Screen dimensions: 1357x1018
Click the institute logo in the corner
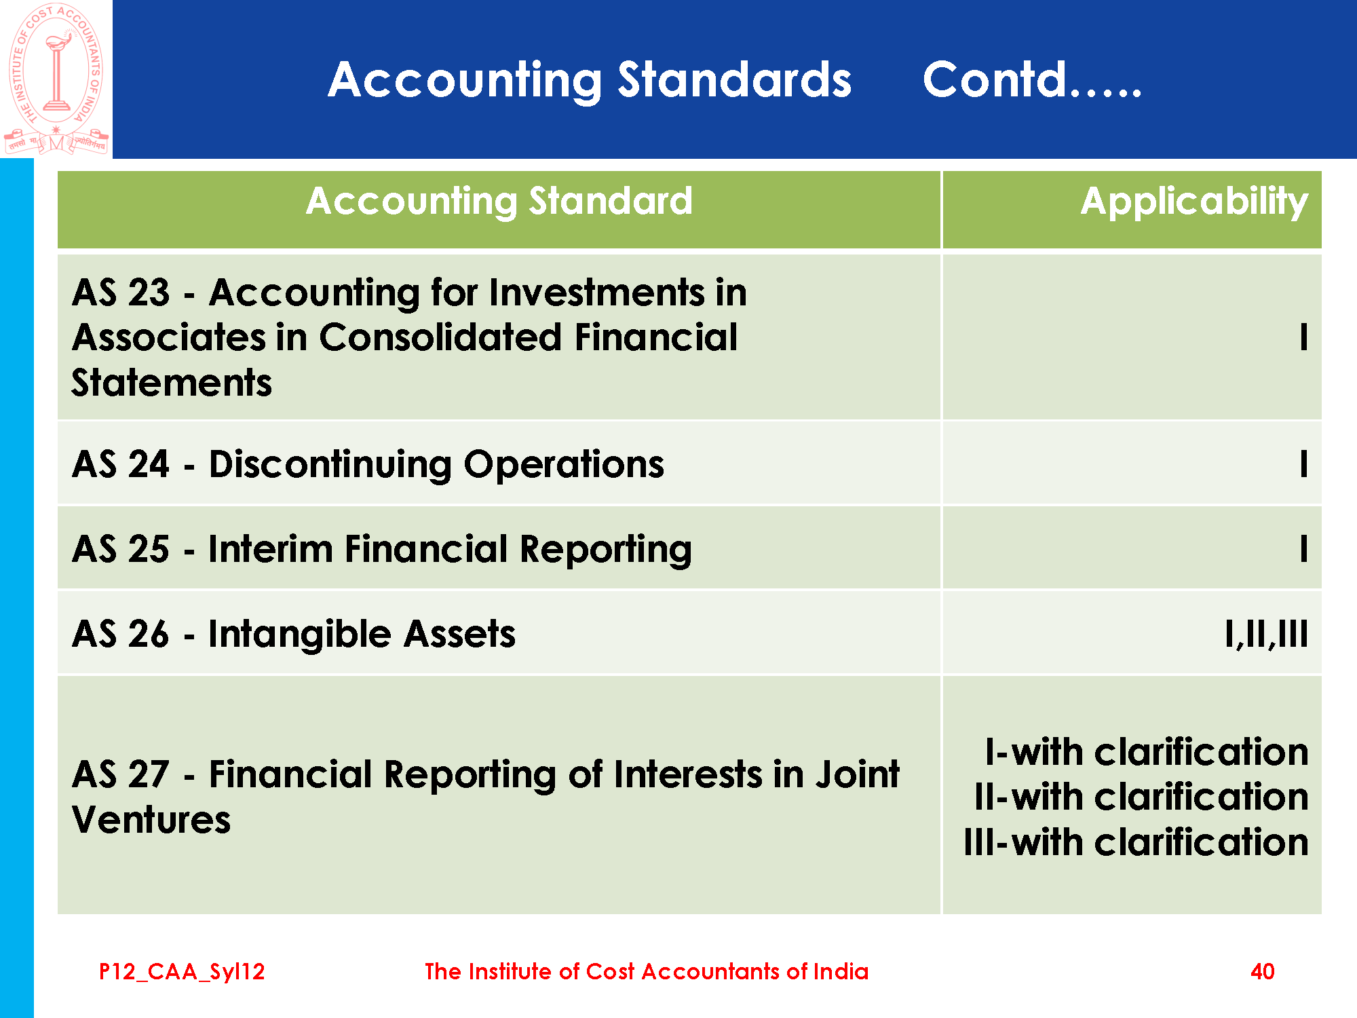pos(56,79)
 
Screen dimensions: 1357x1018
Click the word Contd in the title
pos(995,80)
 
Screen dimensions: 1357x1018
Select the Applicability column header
pos(1194,202)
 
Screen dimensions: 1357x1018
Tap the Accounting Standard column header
pos(499,202)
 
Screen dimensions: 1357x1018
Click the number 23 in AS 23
pos(149,293)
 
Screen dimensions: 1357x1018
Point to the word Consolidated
pos(441,337)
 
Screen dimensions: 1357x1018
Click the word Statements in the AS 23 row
pos(172,383)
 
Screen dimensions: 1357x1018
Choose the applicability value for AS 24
pos(1303,465)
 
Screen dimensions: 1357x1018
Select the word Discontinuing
pos(330,466)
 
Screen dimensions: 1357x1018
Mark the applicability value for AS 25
pos(1303,549)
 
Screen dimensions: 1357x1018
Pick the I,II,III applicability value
pos(1267,635)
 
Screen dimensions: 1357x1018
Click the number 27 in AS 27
pos(149,774)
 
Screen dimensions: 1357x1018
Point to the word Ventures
pos(151,820)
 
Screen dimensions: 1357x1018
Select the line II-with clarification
pos(1141,797)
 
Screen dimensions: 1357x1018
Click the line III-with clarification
pos(1136,842)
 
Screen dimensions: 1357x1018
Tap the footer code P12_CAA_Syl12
pos(182,972)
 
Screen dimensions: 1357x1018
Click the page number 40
pos(1262,972)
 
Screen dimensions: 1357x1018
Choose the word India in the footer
pos(841,972)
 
